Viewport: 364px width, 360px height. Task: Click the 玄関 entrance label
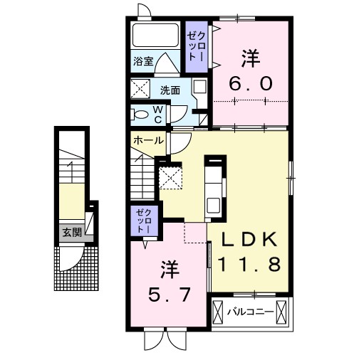pos(72,233)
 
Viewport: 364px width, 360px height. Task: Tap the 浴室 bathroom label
pos(143,61)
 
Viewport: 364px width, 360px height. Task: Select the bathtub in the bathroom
pos(155,35)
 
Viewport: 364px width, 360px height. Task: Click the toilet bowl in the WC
pos(140,115)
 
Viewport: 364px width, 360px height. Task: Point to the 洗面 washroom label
pos(170,90)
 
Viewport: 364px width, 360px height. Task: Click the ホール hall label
pos(149,141)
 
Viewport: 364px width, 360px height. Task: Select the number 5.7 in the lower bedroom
pos(170,295)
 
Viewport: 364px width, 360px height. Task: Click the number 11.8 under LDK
pos(249,264)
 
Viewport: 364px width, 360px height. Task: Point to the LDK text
pos(249,239)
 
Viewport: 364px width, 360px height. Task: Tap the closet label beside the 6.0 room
pos(197,46)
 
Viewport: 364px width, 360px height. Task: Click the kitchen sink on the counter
pos(213,206)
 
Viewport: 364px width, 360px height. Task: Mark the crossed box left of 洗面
pos(140,89)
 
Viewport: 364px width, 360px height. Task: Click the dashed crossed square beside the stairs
pos(171,178)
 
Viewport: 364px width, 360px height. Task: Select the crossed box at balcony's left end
pos(218,312)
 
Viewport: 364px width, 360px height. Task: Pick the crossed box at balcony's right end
pos(281,312)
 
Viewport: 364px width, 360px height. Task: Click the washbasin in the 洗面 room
pos(199,87)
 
